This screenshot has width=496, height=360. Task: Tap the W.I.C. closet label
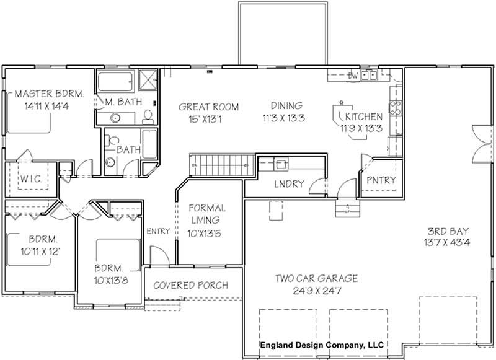click(x=30, y=179)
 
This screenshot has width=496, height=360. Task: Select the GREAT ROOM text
click(x=208, y=106)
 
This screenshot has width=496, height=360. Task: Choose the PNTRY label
click(x=381, y=180)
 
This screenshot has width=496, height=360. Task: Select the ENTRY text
click(x=158, y=231)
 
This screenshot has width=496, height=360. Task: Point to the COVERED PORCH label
click(x=190, y=285)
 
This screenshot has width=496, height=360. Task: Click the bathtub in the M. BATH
click(x=115, y=80)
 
